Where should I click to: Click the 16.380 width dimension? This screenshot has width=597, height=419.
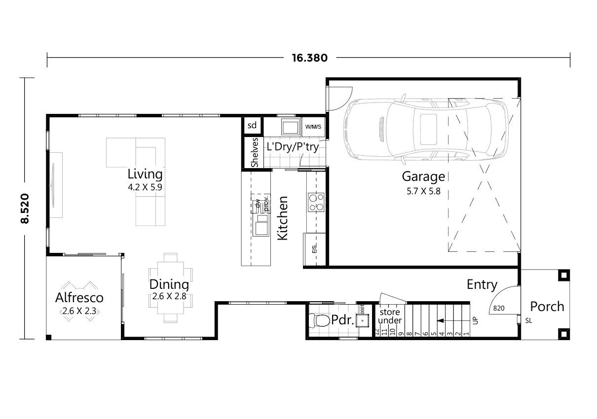309,58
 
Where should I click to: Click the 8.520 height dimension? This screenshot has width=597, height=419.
25,209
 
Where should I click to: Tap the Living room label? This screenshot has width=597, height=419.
145,174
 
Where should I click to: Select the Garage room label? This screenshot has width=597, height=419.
423,176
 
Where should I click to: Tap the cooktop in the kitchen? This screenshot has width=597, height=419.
316,201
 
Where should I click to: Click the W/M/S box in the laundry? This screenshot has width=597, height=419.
313,127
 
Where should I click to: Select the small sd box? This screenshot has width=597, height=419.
252,125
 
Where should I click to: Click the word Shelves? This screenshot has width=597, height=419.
255,152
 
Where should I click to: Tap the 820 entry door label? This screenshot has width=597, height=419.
498,309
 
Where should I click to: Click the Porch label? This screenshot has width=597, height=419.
547,307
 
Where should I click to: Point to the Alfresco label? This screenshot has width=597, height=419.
79,298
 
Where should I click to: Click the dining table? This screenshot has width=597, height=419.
171,288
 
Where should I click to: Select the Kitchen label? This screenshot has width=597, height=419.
282,218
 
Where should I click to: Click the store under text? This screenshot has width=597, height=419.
390,316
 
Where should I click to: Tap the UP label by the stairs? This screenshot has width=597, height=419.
476,320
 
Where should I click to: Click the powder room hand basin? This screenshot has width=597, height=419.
363,321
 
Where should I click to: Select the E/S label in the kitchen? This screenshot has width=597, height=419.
314,249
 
